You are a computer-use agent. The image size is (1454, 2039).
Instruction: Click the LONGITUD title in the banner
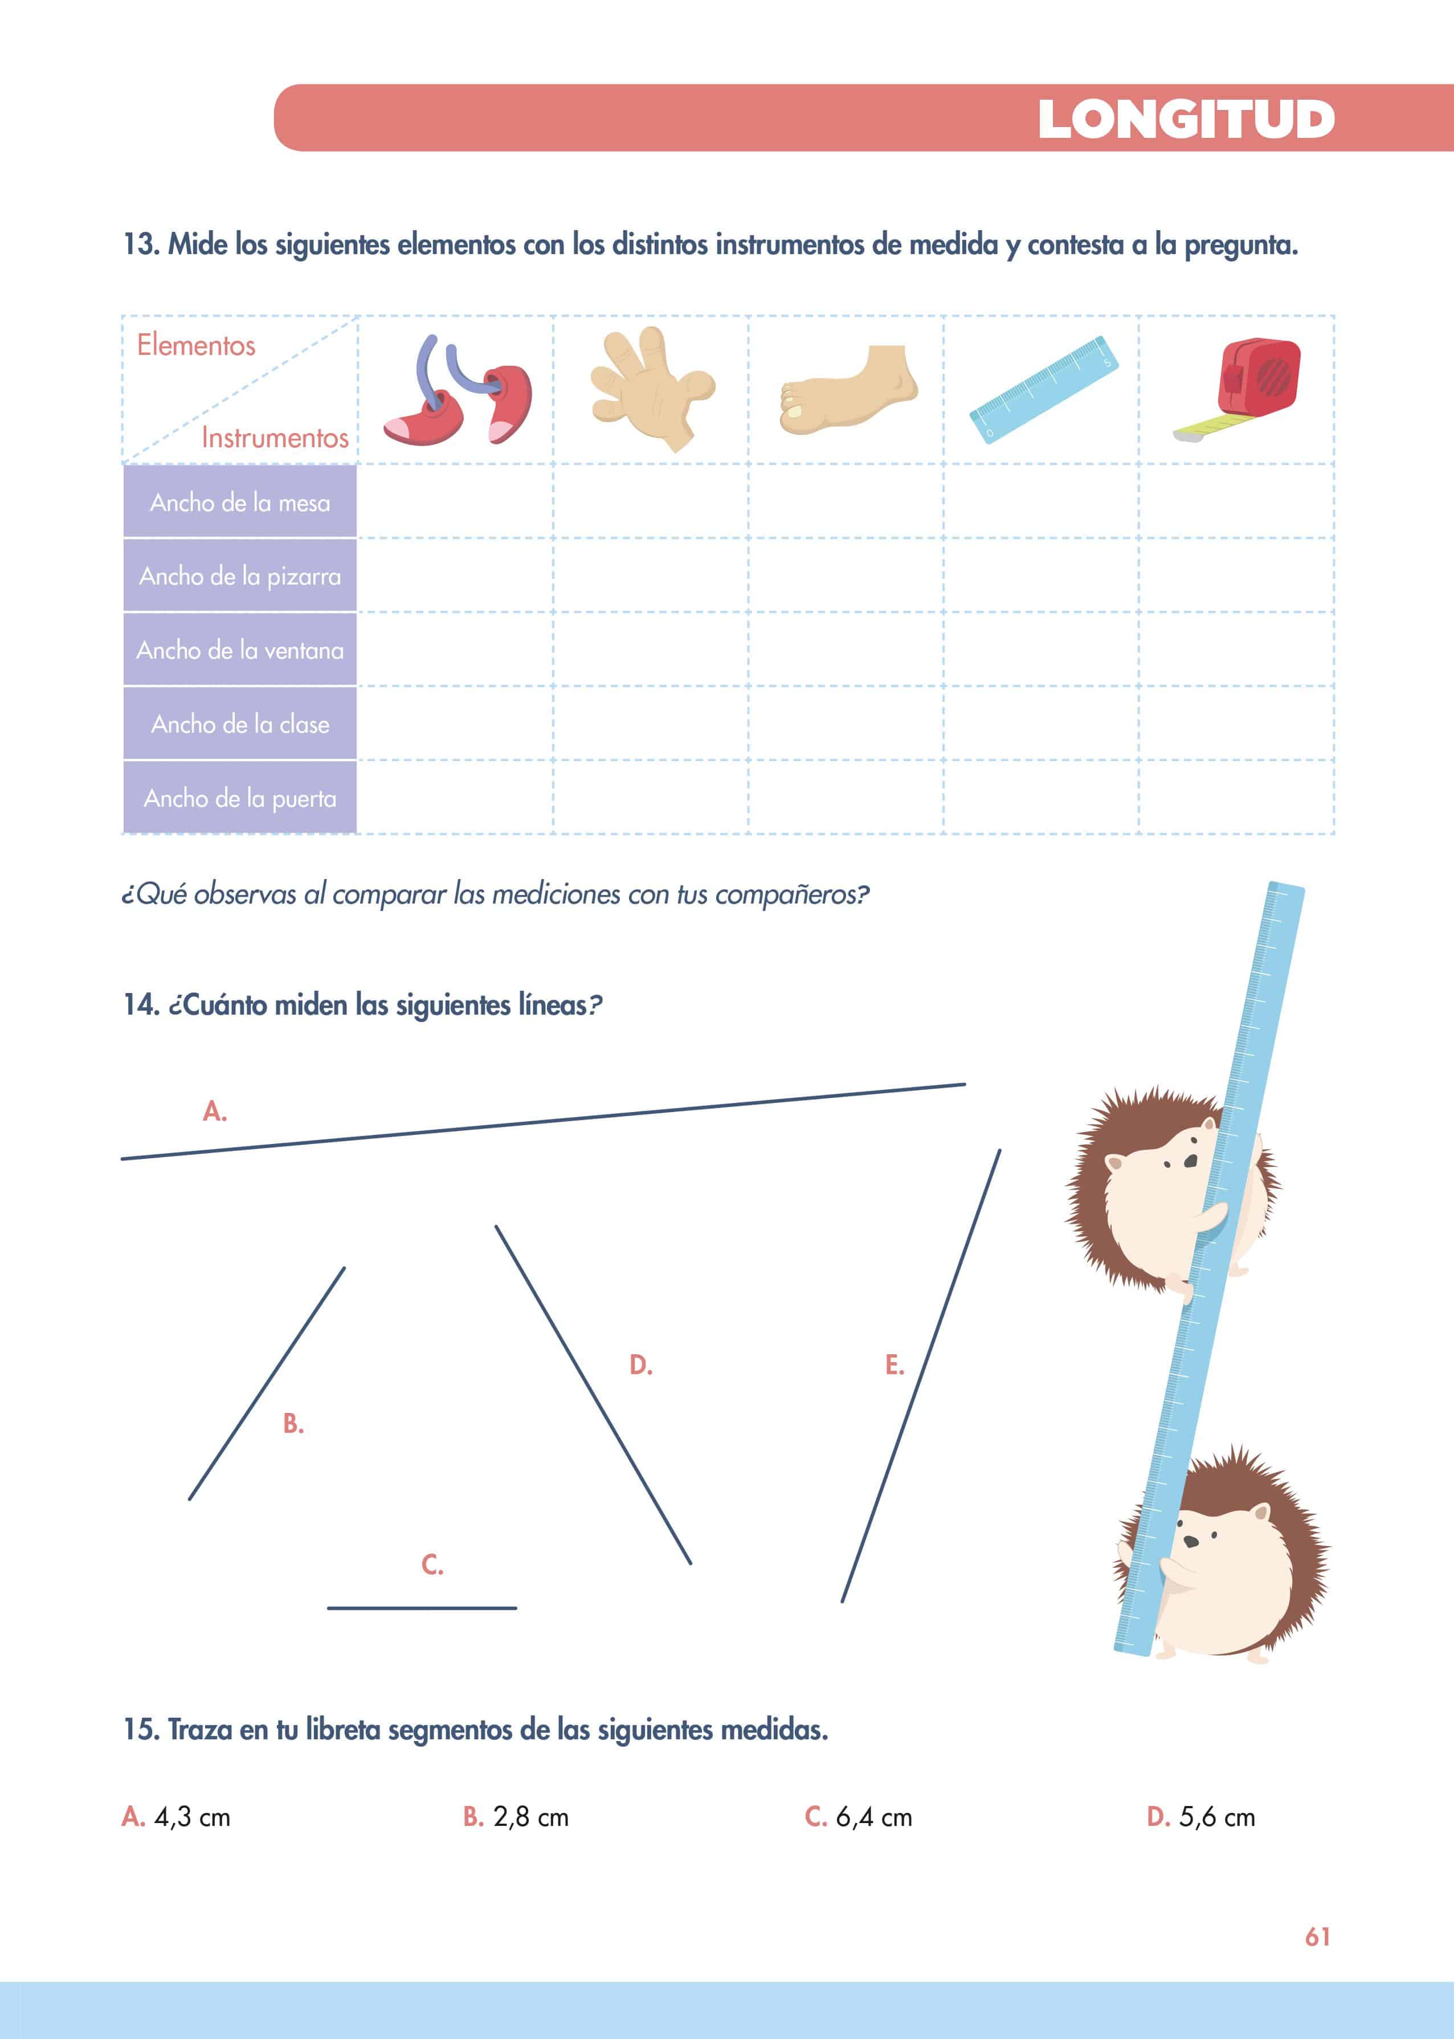click(1186, 119)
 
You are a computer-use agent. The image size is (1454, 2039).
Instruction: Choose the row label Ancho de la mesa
click(240, 503)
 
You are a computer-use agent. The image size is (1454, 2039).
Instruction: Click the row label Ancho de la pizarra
click(240, 577)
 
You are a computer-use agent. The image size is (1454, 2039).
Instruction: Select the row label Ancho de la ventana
click(240, 651)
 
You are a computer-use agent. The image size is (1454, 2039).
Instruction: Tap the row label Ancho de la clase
click(240, 724)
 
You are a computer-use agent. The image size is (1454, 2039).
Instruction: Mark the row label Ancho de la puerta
click(240, 798)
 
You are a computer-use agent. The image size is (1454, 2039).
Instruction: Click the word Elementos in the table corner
click(196, 345)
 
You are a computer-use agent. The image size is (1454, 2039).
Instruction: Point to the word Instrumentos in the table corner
click(275, 438)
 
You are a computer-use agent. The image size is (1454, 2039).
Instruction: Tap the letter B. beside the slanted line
click(293, 1423)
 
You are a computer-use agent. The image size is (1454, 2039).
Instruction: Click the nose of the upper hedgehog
click(1190, 1161)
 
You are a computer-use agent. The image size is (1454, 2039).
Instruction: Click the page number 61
click(1318, 1937)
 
